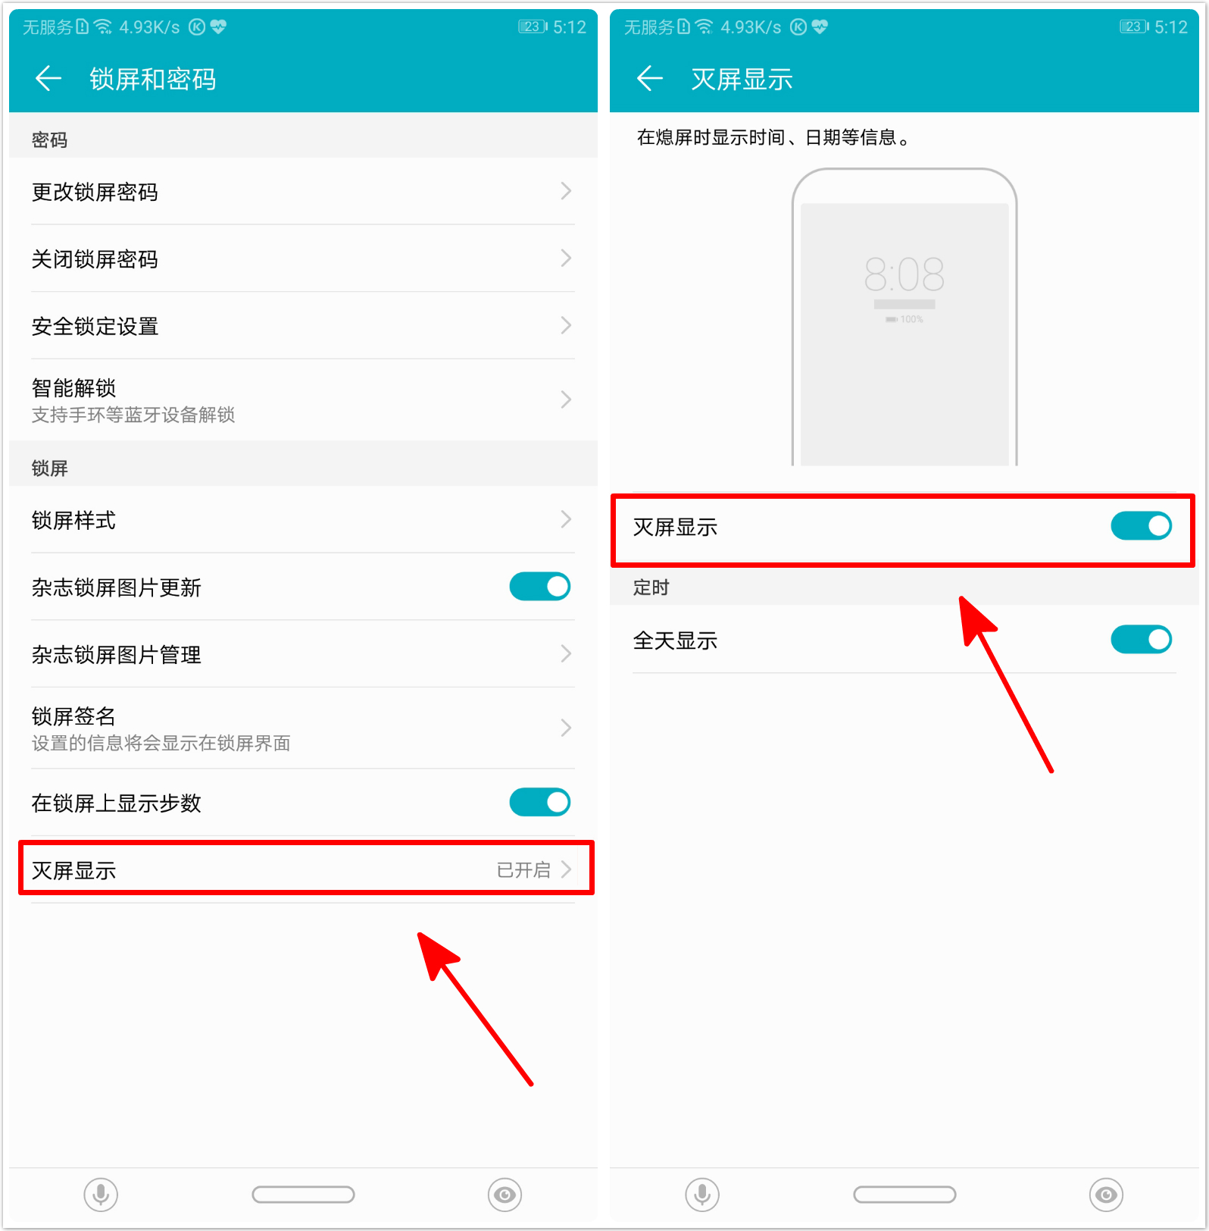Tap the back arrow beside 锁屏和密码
(x=48, y=78)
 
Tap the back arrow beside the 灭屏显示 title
(x=650, y=78)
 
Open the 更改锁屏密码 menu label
(x=95, y=193)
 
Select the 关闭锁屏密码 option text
(x=95, y=259)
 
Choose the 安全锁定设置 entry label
(x=95, y=327)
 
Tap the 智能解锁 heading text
(x=73, y=388)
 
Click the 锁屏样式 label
(x=73, y=521)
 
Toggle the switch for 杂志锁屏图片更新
(x=539, y=587)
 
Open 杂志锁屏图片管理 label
(x=116, y=655)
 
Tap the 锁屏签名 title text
(x=73, y=716)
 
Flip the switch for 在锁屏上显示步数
(x=539, y=802)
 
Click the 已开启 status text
(x=523, y=870)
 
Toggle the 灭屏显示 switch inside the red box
(x=1141, y=526)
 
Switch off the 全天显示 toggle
(x=1141, y=640)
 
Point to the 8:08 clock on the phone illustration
(x=904, y=274)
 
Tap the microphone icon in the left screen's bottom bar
(x=101, y=1195)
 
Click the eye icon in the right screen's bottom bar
(x=1106, y=1195)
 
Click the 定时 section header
(x=651, y=587)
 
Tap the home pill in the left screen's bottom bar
(x=303, y=1195)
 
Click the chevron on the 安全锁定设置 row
(x=566, y=326)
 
